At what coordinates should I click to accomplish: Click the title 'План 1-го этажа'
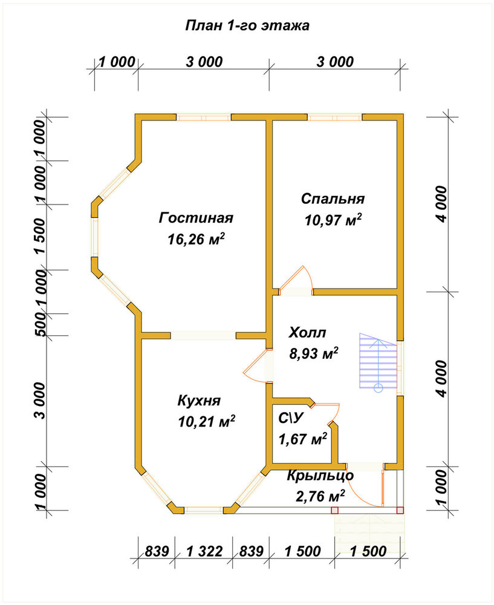coord(247,26)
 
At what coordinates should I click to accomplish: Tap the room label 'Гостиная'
coord(196,218)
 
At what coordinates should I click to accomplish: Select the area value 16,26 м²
coord(196,239)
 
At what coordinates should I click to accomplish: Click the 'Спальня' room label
coord(333,198)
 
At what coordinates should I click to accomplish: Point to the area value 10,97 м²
coord(333,220)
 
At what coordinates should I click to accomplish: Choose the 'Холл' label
coord(307,332)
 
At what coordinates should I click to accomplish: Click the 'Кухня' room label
coord(199,401)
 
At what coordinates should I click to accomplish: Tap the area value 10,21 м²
coord(207,422)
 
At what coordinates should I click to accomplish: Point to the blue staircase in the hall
coord(379,361)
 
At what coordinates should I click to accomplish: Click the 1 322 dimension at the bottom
coord(204,551)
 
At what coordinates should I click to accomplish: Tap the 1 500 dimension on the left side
coord(40,236)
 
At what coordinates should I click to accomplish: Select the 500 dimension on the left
coord(40,324)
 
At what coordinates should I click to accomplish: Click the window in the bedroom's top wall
coord(335,117)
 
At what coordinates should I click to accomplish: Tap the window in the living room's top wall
coord(204,117)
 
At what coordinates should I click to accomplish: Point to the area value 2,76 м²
coord(320,497)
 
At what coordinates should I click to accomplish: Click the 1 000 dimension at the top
coord(117,62)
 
